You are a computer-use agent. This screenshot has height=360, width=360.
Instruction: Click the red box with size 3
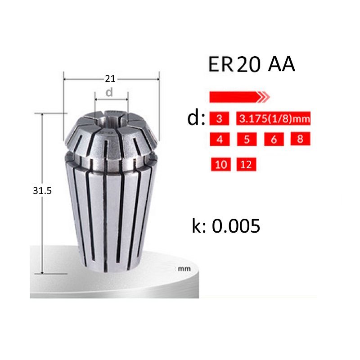(x=220, y=119)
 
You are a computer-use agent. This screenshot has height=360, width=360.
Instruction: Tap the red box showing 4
(x=220, y=139)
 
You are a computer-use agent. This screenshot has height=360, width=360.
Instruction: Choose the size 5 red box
(x=247, y=139)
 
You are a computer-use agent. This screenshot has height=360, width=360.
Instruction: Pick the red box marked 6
(x=274, y=139)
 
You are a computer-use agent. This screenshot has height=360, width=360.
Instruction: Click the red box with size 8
(x=300, y=139)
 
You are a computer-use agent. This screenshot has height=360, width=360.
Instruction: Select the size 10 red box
(x=221, y=164)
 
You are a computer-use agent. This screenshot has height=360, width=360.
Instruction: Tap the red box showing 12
(x=246, y=164)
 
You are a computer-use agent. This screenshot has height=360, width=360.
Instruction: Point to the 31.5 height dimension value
(x=43, y=191)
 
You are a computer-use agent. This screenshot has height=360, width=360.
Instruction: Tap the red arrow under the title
(x=238, y=96)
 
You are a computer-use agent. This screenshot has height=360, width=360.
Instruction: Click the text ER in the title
(x=220, y=65)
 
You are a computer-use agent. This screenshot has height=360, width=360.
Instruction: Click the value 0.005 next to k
(x=236, y=226)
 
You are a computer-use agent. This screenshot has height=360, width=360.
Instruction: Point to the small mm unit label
(x=182, y=269)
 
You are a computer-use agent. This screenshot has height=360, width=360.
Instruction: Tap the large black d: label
(x=196, y=119)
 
